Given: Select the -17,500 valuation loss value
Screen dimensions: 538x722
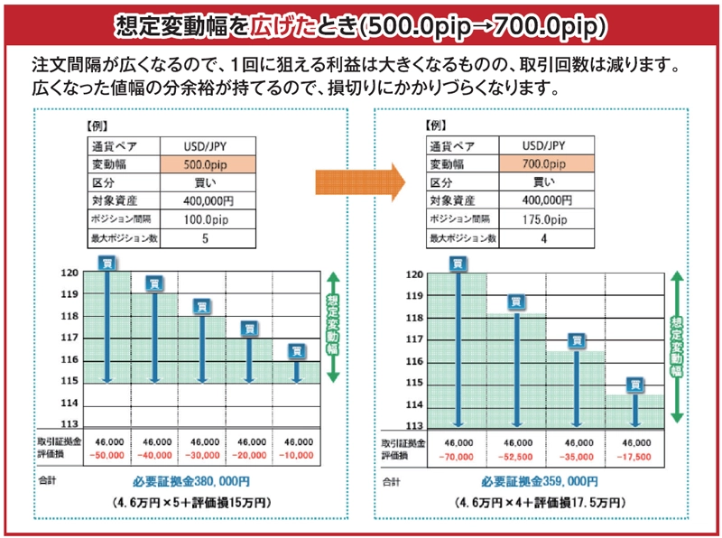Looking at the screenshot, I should (x=636, y=456).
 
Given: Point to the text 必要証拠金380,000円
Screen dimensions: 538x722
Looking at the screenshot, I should (x=191, y=481).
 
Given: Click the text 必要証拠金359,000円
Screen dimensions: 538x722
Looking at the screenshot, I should (x=540, y=482).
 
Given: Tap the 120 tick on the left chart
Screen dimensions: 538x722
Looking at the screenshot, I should (x=69, y=272).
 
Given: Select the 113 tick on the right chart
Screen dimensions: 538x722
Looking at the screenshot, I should (x=414, y=425).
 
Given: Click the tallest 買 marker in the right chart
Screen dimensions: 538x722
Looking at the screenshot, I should (x=458, y=264).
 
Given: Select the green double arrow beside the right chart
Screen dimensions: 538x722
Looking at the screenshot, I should (x=676, y=348).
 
